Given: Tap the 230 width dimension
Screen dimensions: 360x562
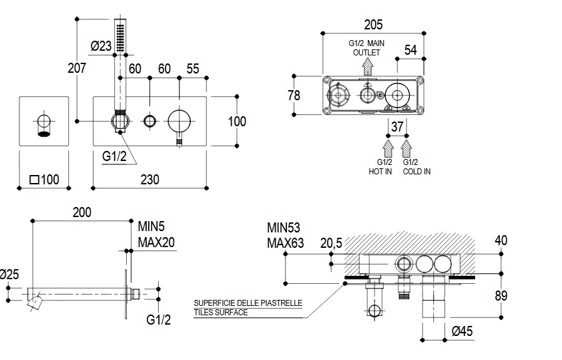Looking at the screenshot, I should pos(150,179).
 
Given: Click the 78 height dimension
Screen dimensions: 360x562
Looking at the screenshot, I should pos(294,96).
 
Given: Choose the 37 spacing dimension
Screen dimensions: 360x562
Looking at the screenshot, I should pos(398,127).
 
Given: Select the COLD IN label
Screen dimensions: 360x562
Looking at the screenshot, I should pos(417,171).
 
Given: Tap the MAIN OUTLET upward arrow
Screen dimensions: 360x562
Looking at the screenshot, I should pos(366,65).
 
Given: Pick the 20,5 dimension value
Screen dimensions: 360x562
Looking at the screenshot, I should pos(330,244).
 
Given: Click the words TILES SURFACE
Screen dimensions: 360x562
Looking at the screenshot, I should pos(220,312).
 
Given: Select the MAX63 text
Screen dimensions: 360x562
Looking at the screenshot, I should pos(285,242).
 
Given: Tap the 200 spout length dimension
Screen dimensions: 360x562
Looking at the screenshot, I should pos(81,212).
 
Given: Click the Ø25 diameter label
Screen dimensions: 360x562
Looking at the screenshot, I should pos(8,275).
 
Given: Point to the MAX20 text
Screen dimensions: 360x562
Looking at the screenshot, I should pos(156,242).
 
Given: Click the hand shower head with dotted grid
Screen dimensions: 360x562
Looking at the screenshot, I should pos(120,37).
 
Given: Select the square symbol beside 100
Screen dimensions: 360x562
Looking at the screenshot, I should pos(34,179).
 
